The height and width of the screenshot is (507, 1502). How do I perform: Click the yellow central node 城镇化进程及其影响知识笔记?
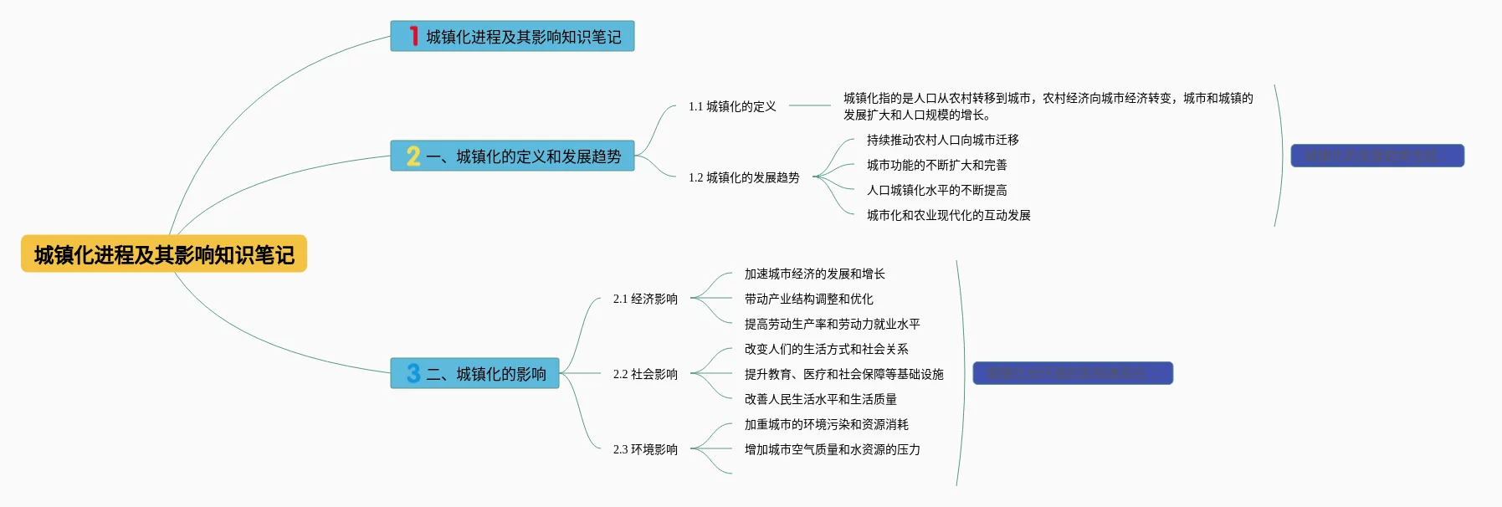164,254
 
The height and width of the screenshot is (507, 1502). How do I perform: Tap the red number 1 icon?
413,36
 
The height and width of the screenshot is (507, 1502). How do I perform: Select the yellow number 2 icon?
413,156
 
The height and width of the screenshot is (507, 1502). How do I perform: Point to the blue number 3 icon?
413,373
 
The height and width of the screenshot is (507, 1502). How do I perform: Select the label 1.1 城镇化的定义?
732,106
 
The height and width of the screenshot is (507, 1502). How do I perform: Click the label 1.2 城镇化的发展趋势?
744,177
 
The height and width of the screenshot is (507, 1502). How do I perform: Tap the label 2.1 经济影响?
645,299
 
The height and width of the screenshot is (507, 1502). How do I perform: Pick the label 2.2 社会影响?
645,374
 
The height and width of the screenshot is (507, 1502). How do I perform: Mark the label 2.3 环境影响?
645,449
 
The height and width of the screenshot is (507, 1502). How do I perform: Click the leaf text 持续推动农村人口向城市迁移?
942,140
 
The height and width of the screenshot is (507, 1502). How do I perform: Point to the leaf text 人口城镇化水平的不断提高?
936,190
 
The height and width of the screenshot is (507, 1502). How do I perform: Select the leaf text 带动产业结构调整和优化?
808,299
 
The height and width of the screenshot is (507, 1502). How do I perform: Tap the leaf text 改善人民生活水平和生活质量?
820,399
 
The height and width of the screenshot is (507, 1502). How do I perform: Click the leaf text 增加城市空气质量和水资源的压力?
832,449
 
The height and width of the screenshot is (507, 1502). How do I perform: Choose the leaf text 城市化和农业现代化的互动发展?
948,215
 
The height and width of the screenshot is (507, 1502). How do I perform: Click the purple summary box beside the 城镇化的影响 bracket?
1073,373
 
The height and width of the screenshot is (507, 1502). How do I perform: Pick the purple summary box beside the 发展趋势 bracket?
1376,156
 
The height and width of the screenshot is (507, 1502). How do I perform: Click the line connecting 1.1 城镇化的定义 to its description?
809,105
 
